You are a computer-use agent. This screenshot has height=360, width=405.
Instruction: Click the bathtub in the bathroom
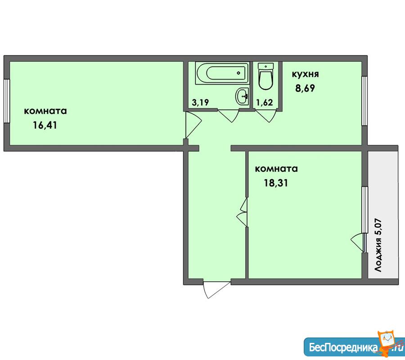coord(222,73)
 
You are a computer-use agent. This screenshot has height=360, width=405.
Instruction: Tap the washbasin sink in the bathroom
coord(242,96)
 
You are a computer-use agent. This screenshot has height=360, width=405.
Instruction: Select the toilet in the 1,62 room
coord(265,76)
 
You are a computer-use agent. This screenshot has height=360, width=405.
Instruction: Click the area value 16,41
coord(45,126)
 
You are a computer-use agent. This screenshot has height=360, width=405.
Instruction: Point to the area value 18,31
coord(275,183)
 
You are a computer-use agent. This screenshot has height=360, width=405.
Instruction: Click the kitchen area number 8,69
coord(305,88)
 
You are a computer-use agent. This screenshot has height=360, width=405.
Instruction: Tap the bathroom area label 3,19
coord(200,103)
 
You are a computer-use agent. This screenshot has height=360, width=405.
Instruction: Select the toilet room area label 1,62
coord(265,103)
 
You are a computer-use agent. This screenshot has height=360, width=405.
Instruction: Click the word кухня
coord(305,74)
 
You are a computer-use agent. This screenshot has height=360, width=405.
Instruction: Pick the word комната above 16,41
coord(45,111)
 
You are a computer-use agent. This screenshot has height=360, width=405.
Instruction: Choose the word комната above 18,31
coord(276,169)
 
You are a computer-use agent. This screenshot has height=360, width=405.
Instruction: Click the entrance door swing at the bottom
coord(216,289)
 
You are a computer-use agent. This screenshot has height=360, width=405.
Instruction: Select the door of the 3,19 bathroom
coord(228,116)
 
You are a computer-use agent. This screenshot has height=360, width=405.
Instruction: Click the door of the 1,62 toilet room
coord(266,116)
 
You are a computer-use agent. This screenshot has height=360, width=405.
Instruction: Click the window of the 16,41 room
coord(7,101)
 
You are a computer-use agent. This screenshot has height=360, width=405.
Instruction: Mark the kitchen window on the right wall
coord(364,101)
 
